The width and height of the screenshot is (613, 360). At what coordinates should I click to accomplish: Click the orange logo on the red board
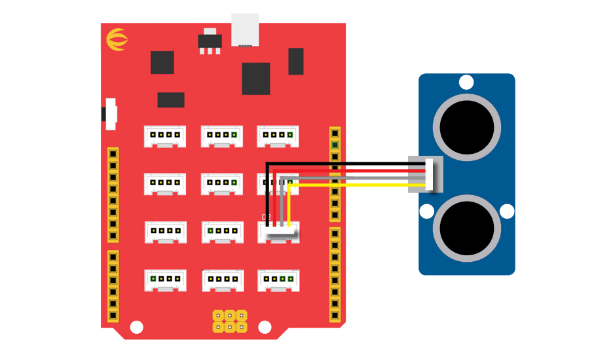(x=116, y=41)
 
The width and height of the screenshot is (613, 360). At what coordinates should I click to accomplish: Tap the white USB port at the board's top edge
(x=245, y=30)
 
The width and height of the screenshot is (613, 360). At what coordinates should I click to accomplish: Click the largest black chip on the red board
(x=255, y=79)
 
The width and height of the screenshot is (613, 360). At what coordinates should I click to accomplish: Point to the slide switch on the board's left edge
(x=110, y=114)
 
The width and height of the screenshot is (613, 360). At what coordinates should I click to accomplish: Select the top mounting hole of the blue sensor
(x=466, y=82)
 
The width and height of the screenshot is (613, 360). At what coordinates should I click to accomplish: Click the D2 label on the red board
(x=266, y=217)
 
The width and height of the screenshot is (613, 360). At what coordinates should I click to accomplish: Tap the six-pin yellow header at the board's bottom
(x=230, y=320)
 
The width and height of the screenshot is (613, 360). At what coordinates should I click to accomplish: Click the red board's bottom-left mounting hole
(x=136, y=326)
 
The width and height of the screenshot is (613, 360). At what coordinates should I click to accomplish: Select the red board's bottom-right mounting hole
(x=264, y=326)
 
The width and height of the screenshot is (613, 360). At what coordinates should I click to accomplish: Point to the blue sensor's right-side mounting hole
(x=507, y=211)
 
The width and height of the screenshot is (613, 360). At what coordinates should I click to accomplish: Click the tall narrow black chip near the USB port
(x=296, y=61)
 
